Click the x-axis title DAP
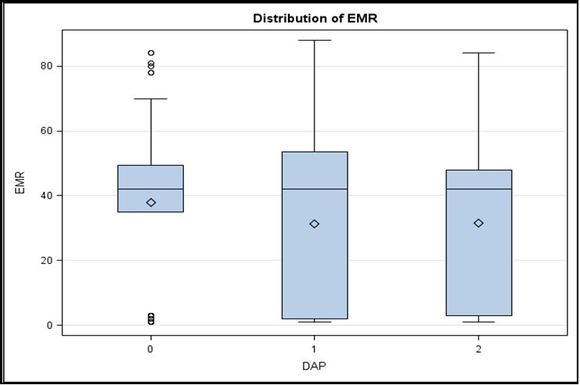[314, 365]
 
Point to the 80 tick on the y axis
[46, 67]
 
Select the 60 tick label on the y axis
[46, 131]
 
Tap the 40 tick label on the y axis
[46, 196]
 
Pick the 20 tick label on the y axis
[46, 261]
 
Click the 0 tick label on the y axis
[49, 325]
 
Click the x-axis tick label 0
[150, 347]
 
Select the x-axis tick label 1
[315, 347]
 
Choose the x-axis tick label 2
[478, 347]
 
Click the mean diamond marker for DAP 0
[151, 203]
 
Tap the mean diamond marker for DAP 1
[315, 224]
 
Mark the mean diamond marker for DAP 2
[478, 223]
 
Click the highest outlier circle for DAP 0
[151, 53]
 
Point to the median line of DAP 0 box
[151, 189]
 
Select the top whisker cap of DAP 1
[315, 40]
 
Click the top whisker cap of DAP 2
[478, 53]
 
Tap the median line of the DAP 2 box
[478, 189]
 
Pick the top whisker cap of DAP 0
[151, 99]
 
